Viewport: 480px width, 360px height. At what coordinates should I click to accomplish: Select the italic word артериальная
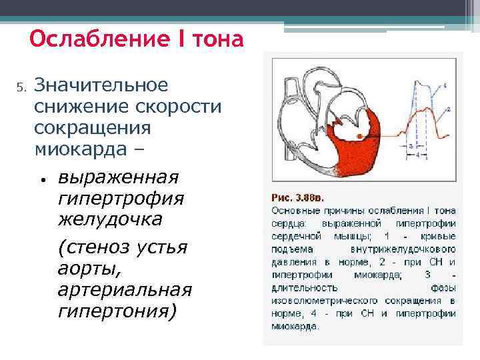point(125,291)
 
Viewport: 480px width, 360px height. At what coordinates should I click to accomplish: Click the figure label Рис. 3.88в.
point(298,197)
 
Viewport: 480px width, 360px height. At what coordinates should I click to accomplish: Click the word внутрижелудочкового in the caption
point(378,249)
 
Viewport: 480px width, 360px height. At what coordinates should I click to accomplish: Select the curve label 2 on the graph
point(448,109)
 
